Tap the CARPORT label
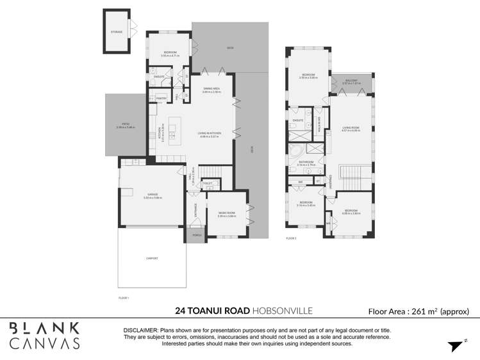(x=151, y=258)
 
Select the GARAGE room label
(x=153, y=193)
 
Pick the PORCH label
(x=197, y=235)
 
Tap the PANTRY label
(x=161, y=98)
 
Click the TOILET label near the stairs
(x=207, y=183)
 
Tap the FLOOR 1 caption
(x=124, y=298)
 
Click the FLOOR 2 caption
(x=292, y=238)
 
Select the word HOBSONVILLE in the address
(x=282, y=311)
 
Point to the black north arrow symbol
(x=455, y=345)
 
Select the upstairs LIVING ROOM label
(x=351, y=128)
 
